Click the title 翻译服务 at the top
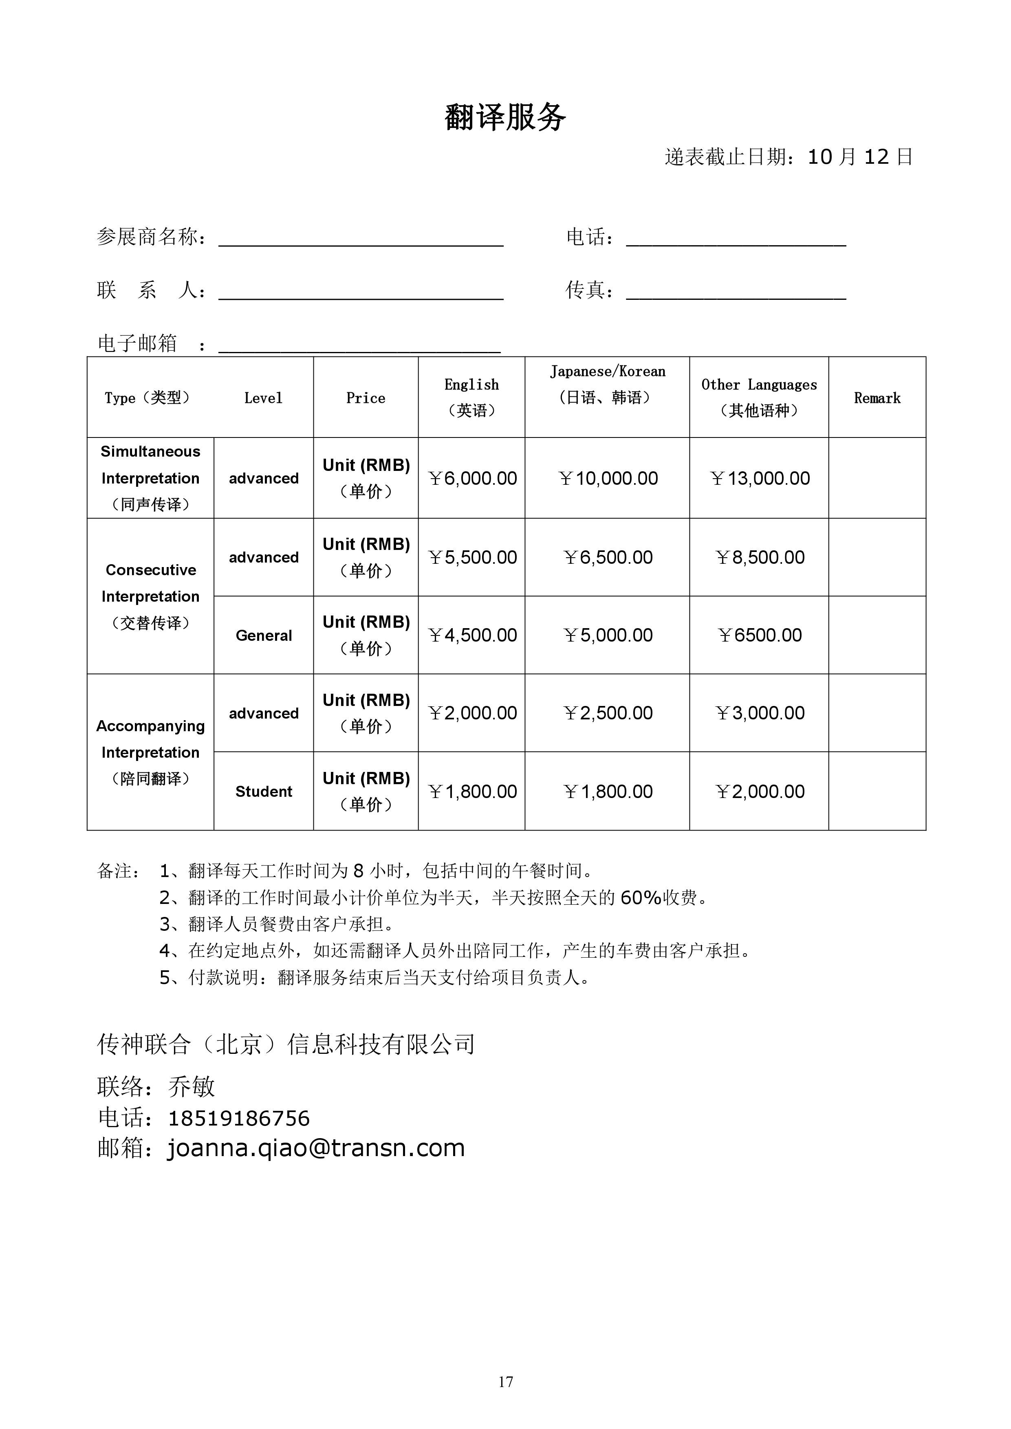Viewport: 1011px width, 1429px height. pos(505,117)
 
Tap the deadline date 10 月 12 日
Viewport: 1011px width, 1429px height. pos(860,157)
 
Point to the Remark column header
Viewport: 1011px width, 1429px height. pos(877,398)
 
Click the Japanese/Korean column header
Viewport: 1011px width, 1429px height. pos(607,385)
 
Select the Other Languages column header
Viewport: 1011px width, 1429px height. pos(758,397)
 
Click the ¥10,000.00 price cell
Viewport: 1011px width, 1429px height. pos(608,478)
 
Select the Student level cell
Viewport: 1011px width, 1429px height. pos(263,791)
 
